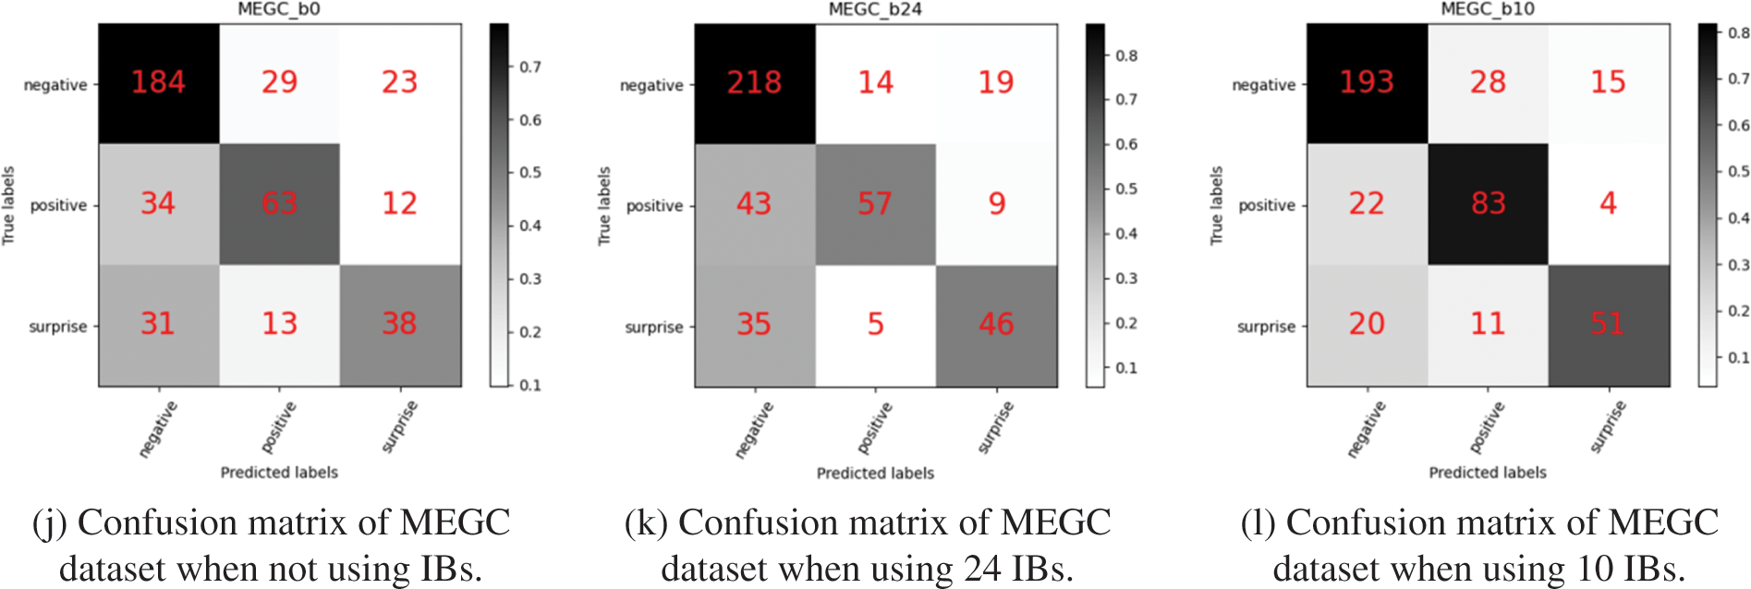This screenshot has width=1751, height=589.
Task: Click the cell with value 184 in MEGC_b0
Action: (x=158, y=82)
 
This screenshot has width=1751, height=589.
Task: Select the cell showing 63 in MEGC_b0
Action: (x=279, y=203)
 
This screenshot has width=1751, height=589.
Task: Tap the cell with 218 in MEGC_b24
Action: (x=754, y=83)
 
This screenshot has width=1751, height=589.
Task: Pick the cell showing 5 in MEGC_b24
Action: (x=875, y=325)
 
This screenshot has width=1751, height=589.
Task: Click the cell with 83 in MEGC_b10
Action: (x=1488, y=203)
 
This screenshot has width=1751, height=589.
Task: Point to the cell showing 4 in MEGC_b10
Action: (x=1608, y=203)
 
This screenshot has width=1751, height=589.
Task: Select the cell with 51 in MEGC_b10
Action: (x=1608, y=324)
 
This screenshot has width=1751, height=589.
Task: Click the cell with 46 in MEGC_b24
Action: (x=996, y=325)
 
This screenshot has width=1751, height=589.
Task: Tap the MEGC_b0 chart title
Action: (x=279, y=9)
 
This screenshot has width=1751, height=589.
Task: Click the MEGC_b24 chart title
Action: (x=875, y=9)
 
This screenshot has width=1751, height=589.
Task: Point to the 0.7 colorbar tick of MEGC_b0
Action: (x=529, y=67)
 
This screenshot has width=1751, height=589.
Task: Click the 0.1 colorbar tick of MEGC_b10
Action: (x=1738, y=357)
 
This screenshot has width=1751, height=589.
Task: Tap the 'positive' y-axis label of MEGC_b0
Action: (x=58, y=205)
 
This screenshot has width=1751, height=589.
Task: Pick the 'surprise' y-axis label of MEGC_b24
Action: (x=654, y=327)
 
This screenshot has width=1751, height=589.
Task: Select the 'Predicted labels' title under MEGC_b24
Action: (x=875, y=473)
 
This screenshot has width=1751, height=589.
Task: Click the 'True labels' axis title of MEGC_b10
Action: (x=1216, y=205)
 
